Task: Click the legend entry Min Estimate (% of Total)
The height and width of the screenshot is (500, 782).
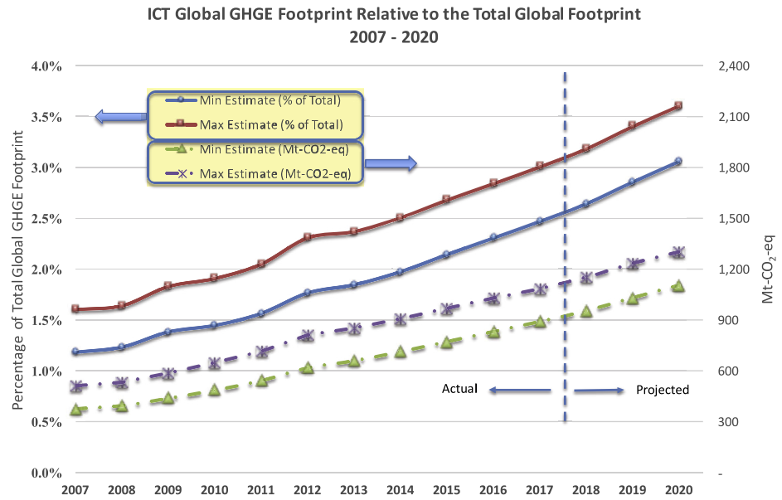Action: pos(270,101)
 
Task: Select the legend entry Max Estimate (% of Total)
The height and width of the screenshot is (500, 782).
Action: pos(270,125)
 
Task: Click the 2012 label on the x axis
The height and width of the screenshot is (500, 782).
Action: pos(307,489)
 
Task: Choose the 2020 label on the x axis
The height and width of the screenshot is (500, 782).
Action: pos(678,489)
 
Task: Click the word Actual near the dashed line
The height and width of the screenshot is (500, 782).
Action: pos(459,388)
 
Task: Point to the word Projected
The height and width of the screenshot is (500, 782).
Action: pos(663,390)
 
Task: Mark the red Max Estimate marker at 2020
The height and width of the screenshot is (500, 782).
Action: pos(678,105)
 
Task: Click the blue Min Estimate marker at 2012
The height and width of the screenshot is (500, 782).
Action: pos(307,292)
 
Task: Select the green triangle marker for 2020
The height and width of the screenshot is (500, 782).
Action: pos(678,285)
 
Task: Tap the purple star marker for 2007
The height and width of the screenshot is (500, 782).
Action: pos(77,386)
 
